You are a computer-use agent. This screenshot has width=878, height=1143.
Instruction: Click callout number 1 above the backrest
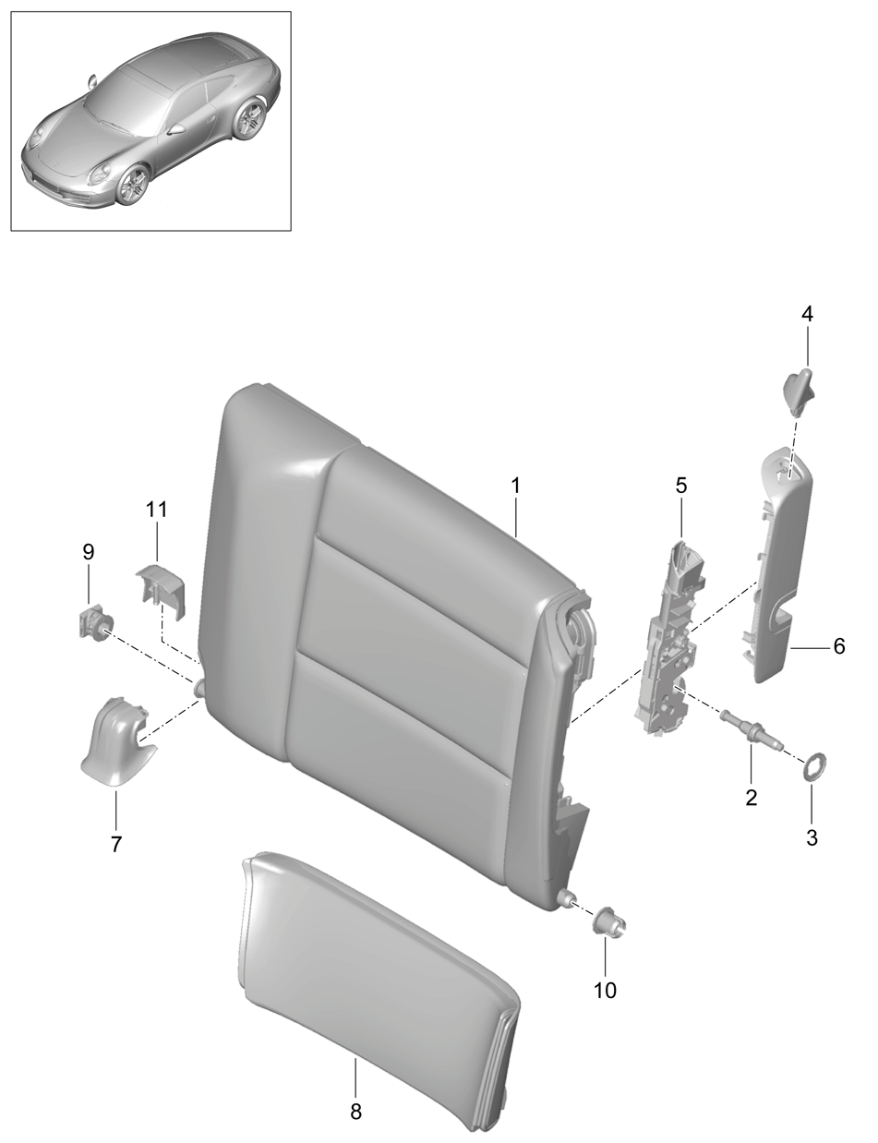(516, 486)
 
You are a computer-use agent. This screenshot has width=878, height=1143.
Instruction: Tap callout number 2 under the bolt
(752, 798)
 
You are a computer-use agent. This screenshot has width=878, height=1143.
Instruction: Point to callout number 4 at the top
(807, 314)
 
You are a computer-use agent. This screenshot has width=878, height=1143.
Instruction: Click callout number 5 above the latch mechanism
(680, 486)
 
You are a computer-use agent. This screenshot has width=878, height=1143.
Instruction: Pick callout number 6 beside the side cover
(839, 646)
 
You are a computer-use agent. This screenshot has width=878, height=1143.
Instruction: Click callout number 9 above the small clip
(89, 552)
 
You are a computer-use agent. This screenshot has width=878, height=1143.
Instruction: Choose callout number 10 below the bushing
(605, 991)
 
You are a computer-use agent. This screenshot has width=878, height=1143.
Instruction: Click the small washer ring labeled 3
(812, 768)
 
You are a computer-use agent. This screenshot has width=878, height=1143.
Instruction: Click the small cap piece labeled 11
(161, 589)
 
